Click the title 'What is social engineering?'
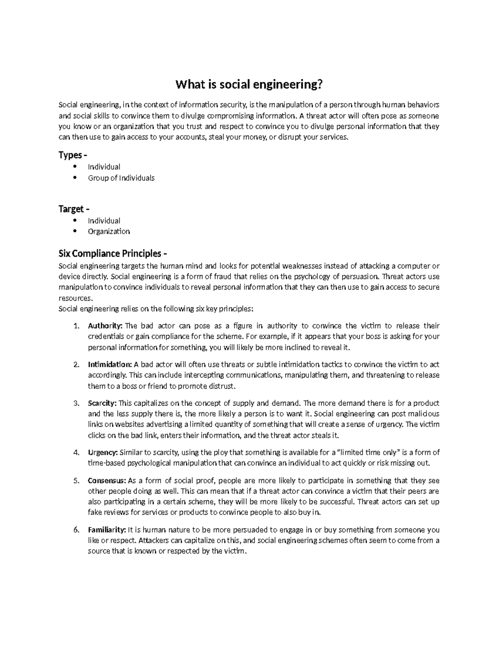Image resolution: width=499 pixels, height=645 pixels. (x=249, y=85)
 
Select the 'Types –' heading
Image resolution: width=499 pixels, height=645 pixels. (x=73, y=155)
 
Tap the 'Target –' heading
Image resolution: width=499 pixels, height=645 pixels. (x=74, y=208)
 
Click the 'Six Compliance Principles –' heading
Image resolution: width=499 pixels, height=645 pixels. (x=113, y=253)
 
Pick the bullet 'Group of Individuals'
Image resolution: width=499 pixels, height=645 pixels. (x=121, y=178)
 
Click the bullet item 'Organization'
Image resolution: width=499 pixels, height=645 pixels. (x=109, y=231)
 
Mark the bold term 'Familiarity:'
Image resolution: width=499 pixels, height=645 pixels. (x=107, y=530)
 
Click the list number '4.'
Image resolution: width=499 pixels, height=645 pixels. (x=76, y=453)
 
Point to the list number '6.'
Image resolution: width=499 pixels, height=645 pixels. (x=76, y=530)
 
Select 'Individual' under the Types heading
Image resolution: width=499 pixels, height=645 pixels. (x=104, y=167)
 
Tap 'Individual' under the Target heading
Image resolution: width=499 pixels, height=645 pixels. (x=104, y=221)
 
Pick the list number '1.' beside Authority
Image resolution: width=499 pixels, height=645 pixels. (x=76, y=326)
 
